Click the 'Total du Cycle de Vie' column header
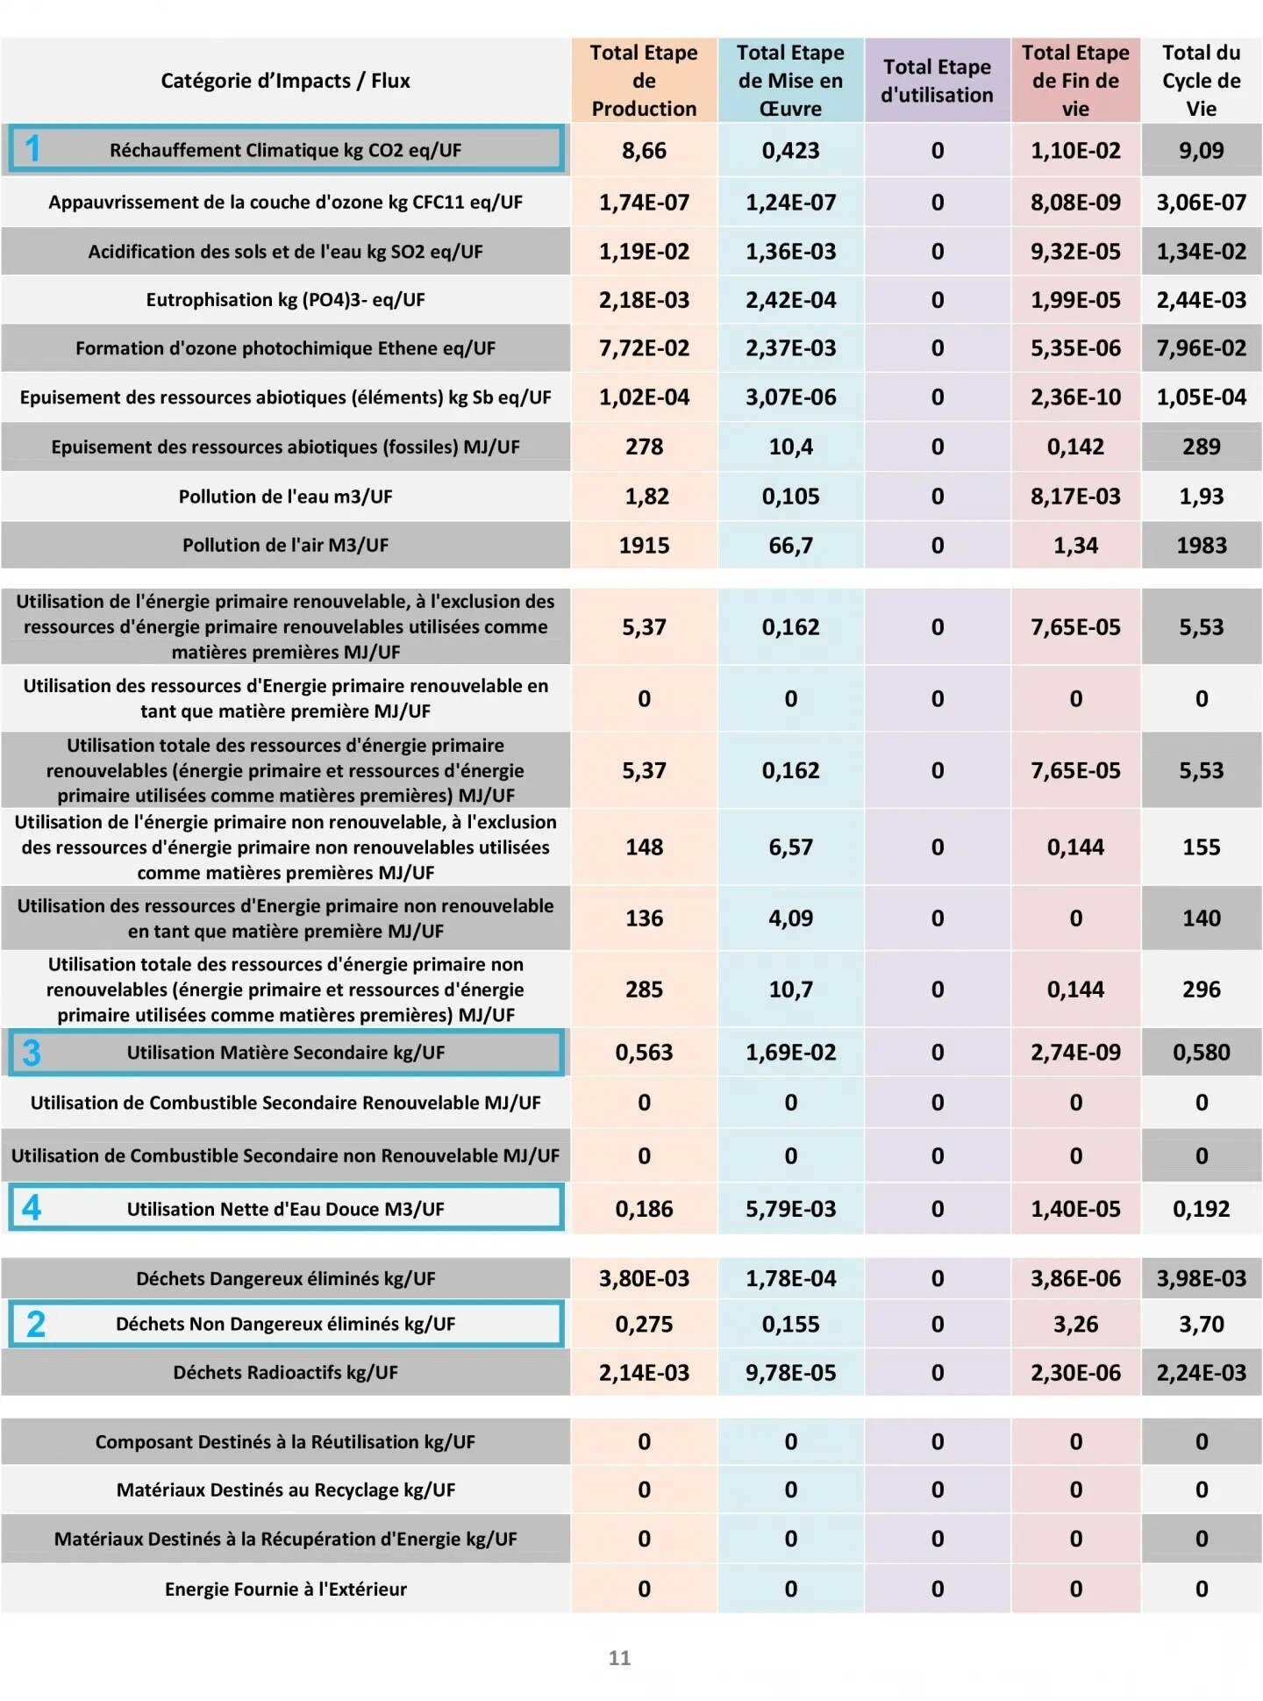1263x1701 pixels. click(1201, 81)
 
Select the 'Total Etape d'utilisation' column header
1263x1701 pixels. click(937, 81)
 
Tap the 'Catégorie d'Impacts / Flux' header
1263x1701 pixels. click(285, 81)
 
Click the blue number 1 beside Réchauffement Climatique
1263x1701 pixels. click(32, 149)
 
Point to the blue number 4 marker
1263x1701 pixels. click(32, 1208)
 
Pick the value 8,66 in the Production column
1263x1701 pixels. click(644, 150)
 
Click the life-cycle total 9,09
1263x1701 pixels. click(1201, 150)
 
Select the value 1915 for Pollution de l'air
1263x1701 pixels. click(644, 545)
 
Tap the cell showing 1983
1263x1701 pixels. click(1201, 545)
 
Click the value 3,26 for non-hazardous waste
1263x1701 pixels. click(1075, 1324)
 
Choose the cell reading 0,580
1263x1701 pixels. click(1201, 1052)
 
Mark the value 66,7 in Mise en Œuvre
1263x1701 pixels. click(790, 545)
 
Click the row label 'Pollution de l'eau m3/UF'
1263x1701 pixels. click(285, 497)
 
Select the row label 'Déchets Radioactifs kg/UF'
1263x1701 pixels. click(285, 1372)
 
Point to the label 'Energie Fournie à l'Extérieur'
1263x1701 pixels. click(285, 1589)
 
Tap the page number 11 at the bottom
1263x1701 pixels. click(619, 1657)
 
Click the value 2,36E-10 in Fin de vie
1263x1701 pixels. click(1075, 397)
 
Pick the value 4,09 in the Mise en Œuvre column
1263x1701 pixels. click(790, 918)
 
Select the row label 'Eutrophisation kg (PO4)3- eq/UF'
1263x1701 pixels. click(285, 300)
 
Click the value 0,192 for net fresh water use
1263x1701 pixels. click(1201, 1209)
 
